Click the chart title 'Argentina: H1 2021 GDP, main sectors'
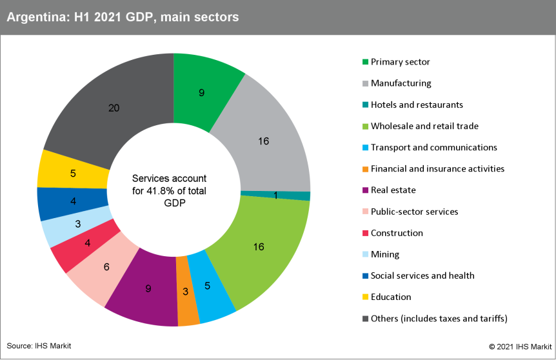[x=123, y=17]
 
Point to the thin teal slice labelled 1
[x=275, y=195]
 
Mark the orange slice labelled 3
[x=187, y=291]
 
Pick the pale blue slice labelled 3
[x=77, y=224]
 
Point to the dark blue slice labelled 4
[x=73, y=201]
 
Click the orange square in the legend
[x=366, y=169]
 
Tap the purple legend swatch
[x=366, y=190]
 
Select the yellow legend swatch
[x=366, y=297]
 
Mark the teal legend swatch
[x=366, y=105]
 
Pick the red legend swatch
[x=366, y=233]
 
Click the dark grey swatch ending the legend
[x=366, y=318]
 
